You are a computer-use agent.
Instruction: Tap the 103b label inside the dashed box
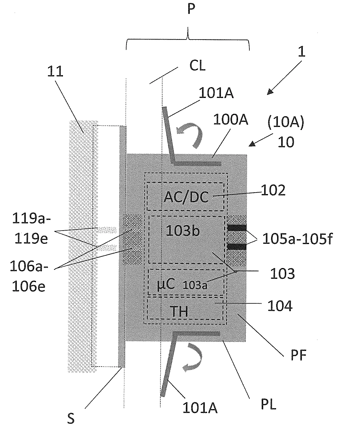183,231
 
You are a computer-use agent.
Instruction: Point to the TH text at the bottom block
179,312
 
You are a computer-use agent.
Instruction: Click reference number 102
273,190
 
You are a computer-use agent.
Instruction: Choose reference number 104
280,306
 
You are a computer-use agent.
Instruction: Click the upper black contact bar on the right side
237,228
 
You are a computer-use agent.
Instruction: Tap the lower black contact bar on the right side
237,247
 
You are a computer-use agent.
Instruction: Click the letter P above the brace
191,9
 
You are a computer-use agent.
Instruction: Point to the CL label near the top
197,66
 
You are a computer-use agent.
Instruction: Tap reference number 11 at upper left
55,72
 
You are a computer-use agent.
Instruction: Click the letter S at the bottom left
71,418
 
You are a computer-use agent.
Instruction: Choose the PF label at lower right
298,356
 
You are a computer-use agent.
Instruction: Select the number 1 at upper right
302,52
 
